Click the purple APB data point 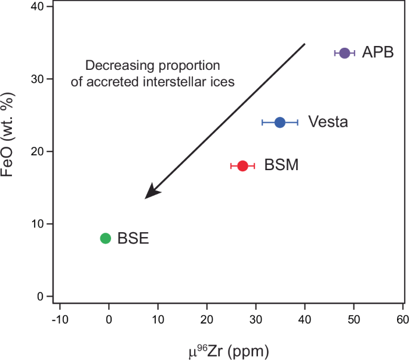tap(345, 53)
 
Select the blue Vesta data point tap(280, 122)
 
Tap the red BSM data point tap(242, 165)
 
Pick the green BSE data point tap(106, 238)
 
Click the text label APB tap(378, 53)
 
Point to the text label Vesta tap(328, 122)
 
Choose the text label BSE tap(133, 239)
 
